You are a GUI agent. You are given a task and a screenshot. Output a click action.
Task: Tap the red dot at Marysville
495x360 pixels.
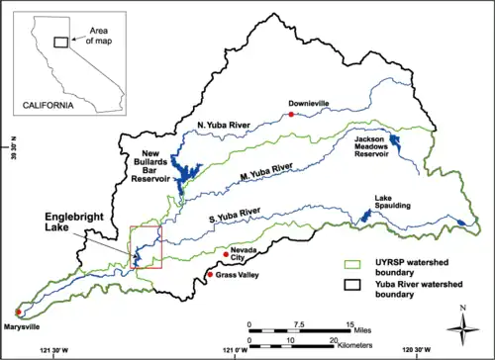click(19, 313)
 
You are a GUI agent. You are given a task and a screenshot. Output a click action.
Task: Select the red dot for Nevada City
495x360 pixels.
click(226, 255)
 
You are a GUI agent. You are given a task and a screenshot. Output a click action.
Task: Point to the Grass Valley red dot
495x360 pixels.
click(209, 273)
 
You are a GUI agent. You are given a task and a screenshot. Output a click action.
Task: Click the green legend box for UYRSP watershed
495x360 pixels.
click(352, 263)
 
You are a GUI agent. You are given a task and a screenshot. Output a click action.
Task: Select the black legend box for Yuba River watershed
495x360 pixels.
click(352, 287)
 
